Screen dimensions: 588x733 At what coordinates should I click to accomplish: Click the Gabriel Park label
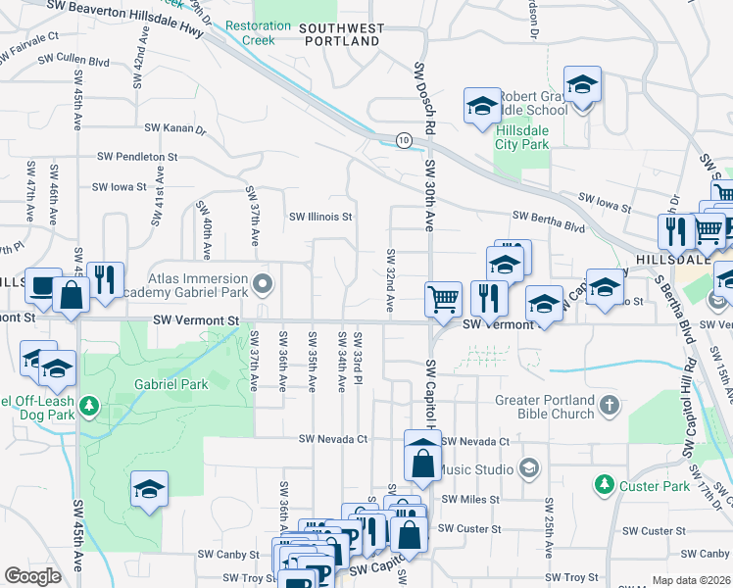coord(171,385)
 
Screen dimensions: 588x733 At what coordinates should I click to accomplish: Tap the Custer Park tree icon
coord(605,484)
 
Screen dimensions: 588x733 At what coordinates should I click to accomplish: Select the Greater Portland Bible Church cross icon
coord(610,405)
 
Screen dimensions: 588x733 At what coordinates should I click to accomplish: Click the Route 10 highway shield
coord(404,141)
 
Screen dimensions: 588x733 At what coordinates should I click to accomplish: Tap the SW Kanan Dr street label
coord(175,128)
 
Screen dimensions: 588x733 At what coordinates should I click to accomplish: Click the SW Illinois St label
coord(319,217)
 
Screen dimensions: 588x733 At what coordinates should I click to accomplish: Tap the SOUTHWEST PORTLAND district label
coord(341,35)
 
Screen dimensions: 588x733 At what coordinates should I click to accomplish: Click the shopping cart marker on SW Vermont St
coord(443,298)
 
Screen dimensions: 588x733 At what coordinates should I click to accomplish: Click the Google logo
coord(33,575)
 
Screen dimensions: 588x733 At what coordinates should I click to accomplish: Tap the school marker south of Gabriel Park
coord(148,488)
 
